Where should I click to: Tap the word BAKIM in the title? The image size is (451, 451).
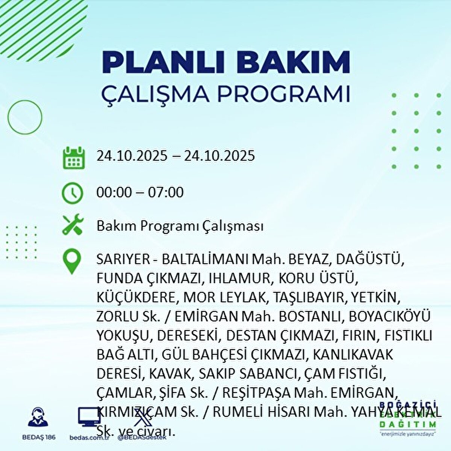pos(295,63)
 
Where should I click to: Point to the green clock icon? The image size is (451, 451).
pos(72,193)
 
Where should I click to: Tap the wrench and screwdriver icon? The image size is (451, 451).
pos(72,225)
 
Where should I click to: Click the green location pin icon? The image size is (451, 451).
pos(72,262)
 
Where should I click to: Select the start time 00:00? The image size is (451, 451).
pos(114,193)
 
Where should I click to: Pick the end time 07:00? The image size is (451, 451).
pos(166,193)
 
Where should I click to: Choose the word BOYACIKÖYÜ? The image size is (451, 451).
pos(389,317)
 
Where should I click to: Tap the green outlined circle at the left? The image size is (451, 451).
pos(25,117)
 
